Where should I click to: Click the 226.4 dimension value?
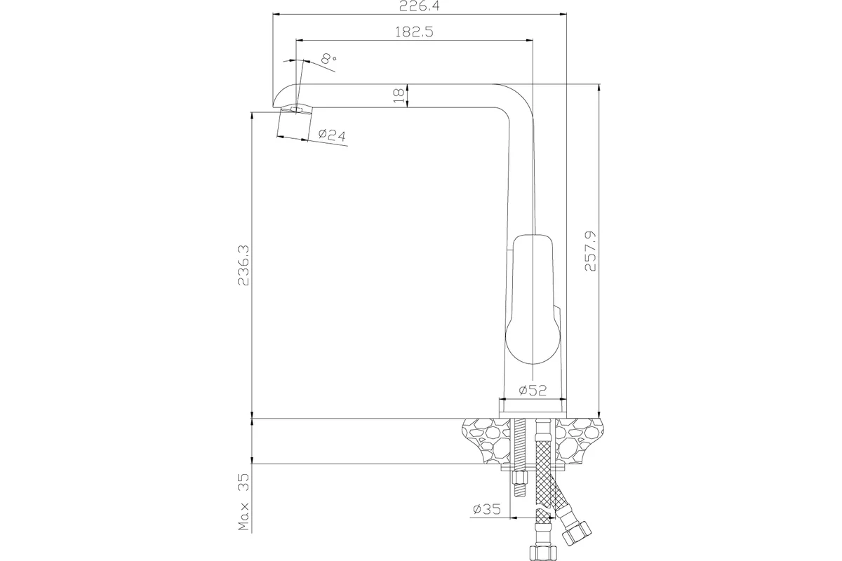pyautogui.click(x=420, y=6)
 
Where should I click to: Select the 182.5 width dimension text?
pyautogui.click(x=414, y=32)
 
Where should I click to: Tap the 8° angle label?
pyautogui.click(x=329, y=58)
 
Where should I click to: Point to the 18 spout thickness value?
pyautogui.click(x=399, y=96)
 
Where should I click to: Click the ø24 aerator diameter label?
pyautogui.click(x=332, y=135)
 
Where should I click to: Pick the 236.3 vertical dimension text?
pyautogui.click(x=243, y=265)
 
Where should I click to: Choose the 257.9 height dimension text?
pyautogui.click(x=590, y=251)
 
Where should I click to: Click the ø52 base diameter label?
pyautogui.click(x=533, y=391)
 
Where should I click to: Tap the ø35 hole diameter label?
pyautogui.click(x=487, y=509)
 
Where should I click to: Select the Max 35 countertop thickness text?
pyautogui.click(x=243, y=501)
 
